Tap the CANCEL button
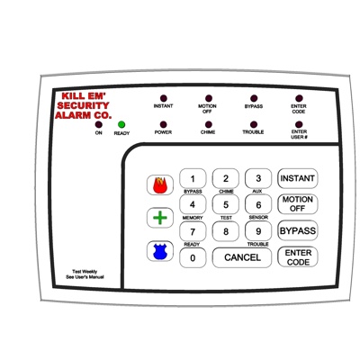click(242, 257)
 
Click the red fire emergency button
click(160, 185)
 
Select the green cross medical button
click(160, 218)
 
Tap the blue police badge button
click(160, 251)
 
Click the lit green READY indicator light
click(121, 124)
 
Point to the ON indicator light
click(99, 124)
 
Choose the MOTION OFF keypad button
click(297, 204)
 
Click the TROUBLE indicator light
click(254, 124)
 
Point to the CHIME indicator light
click(208, 124)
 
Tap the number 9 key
click(258, 231)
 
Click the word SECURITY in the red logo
click(83, 105)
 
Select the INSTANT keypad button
click(297, 178)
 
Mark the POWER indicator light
click(163, 124)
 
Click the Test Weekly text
click(85, 272)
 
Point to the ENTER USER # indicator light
click(299, 124)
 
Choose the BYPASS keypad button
click(297, 230)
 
